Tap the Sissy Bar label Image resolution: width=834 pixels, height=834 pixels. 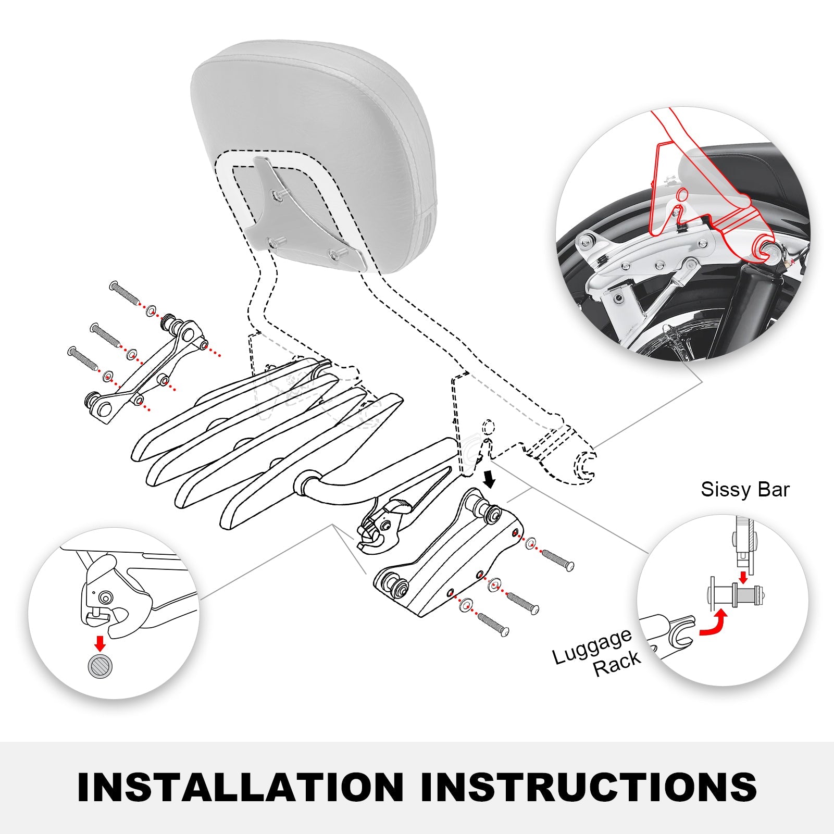point(745,490)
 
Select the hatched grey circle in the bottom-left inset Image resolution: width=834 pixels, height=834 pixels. point(101,666)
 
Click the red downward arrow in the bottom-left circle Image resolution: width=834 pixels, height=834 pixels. point(100,643)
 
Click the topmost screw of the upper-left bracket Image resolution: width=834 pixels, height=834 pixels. point(125,293)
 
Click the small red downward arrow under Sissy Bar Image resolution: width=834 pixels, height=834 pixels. point(743,577)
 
